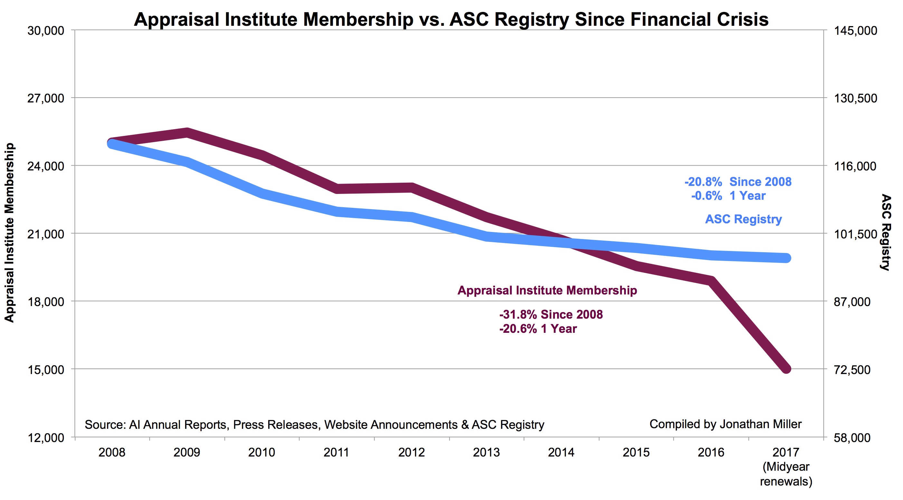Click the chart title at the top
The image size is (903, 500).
[451, 19]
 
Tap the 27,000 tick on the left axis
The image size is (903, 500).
[46, 98]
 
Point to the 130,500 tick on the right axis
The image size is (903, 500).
[855, 98]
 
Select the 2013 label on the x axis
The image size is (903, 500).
[486, 452]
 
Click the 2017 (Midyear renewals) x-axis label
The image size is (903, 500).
[785, 466]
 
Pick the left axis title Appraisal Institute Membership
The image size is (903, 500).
[9, 233]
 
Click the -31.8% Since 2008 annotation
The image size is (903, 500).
[551, 314]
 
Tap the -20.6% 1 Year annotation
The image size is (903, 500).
[538, 329]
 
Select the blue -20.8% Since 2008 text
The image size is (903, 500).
[738, 182]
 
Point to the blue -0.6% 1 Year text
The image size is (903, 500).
[728, 196]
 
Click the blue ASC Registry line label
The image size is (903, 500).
[744, 219]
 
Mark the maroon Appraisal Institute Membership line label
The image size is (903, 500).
[547, 290]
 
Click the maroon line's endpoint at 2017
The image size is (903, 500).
[786, 369]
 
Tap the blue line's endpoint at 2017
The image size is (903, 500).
[786, 258]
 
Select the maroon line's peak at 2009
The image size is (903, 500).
[187, 133]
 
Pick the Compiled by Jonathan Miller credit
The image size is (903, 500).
[725, 424]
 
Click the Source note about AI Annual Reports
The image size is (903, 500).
[314, 425]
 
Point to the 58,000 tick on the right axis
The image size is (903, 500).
[852, 438]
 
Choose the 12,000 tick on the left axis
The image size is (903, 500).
[46, 438]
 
